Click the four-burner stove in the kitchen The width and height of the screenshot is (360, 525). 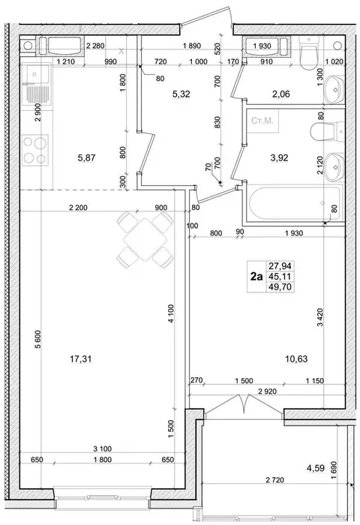click(35, 150)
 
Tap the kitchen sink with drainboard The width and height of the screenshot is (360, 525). click(35, 85)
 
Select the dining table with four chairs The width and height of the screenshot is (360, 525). click(145, 239)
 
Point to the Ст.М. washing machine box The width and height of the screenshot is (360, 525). click(262, 121)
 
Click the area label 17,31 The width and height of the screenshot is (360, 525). click(80, 359)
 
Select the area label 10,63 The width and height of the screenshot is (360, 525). click(296, 359)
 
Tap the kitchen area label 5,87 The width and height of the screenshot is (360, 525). click(86, 157)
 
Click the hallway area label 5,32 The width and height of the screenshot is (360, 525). click(181, 94)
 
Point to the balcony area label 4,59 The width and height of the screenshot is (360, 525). click(316, 468)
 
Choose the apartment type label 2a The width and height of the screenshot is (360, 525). click(256, 277)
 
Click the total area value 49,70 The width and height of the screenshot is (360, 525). click(280, 286)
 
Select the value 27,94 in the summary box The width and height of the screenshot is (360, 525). click(280, 266)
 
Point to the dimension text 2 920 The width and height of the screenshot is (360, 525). click(268, 391)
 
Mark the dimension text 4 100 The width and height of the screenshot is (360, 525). click(172, 313)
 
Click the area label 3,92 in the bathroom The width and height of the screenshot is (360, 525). click(279, 157)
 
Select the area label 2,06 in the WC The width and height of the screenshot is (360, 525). click(280, 94)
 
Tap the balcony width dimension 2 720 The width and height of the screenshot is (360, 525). click(275, 481)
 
